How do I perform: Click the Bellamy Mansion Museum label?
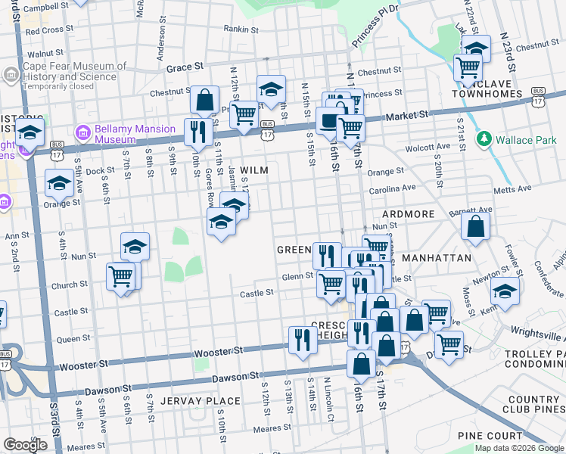(x=115, y=134)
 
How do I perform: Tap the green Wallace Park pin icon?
(x=483, y=139)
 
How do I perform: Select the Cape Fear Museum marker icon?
(x=11, y=74)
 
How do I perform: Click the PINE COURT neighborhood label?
(x=490, y=436)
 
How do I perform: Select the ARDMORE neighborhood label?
(x=409, y=214)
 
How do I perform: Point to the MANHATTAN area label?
(x=437, y=258)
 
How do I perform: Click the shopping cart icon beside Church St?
(x=121, y=277)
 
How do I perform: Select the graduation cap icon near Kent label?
(x=505, y=291)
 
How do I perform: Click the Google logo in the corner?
(x=25, y=445)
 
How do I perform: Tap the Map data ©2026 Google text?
(x=519, y=448)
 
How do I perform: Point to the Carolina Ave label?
(x=393, y=187)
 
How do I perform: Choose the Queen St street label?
(x=74, y=338)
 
